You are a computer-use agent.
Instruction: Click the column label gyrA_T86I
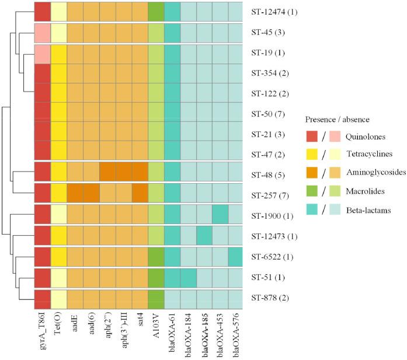click(x=41, y=333)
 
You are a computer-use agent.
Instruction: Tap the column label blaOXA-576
click(x=236, y=335)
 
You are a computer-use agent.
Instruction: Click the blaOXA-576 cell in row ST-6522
click(x=236, y=256)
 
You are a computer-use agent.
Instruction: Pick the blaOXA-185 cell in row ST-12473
click(x=204, y=235)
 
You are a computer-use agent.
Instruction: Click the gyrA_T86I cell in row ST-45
click(x=41, y=33)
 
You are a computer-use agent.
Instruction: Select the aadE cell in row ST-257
click(x=75, y=193)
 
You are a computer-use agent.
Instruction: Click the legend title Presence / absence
click(x=337, y=120)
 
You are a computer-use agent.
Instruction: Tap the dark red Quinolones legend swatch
click(x=314, y=137)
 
